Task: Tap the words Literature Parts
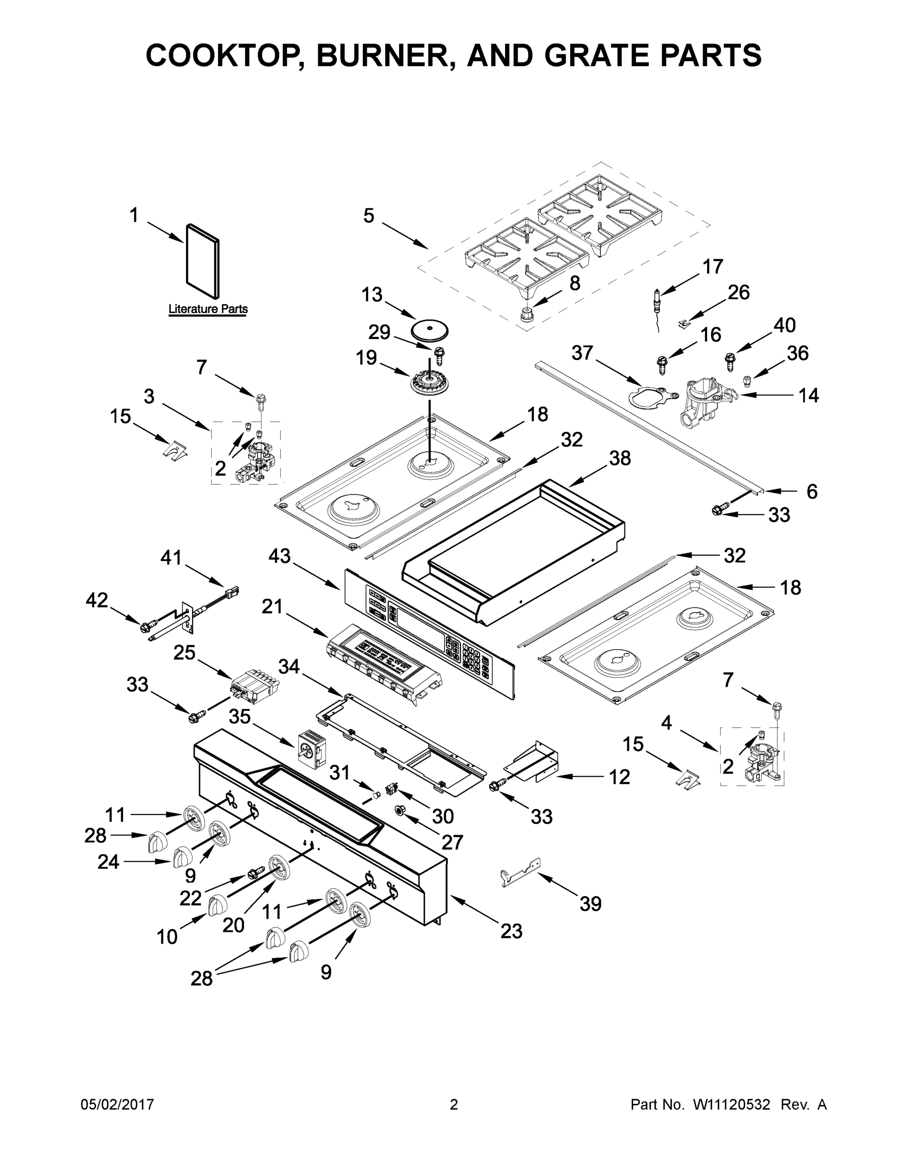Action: [208, 309]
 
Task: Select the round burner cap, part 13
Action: [429, 330]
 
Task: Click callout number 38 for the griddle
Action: [619, 458]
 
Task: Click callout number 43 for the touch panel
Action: [280, 556]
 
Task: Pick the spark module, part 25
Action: [254, 688]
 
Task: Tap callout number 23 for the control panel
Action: [511, 930]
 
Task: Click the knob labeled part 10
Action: [217, 904]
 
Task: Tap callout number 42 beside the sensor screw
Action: [97, 600]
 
